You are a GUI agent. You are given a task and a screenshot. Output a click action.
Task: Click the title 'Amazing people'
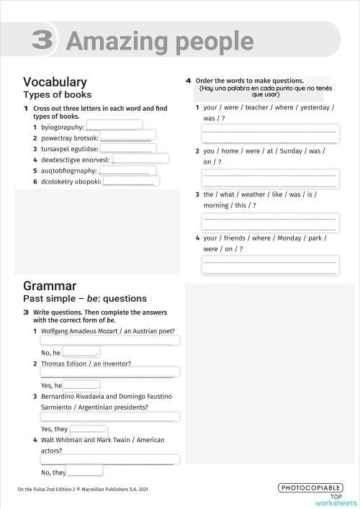pyautogui.click(x=159, y=42)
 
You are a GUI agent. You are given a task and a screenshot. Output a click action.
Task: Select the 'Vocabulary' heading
pyautogui.click(x=55, y=82)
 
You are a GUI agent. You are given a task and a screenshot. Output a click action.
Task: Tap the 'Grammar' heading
pyautogui.click(x=50, y=286)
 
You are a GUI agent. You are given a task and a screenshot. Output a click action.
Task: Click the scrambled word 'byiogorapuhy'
pyautogui.click(x=62, y=127)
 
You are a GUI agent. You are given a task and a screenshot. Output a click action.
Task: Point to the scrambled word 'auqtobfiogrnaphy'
pyautogui.click(x=68, y=171)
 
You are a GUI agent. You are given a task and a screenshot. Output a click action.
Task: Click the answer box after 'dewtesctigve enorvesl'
pyautogui.click(x=141, y=158)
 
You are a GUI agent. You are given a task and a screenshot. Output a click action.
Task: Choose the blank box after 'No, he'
pyautogui.click(x=80, y=352)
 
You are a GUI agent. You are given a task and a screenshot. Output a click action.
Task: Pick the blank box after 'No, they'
pyautogui.click(x=85, y=472)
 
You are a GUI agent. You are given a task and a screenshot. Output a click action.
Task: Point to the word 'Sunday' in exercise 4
pyautogui.click(x=289, y=151)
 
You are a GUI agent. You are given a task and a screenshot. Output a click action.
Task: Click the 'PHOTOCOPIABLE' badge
pyautogui.click(x=310, y=488)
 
